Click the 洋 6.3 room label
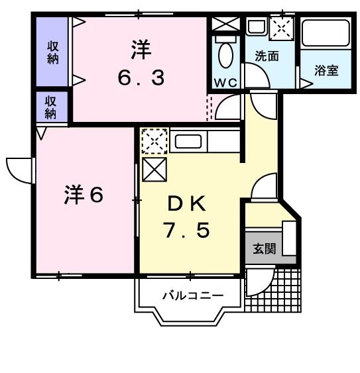(x=141, y=64)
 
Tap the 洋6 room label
(x=83, y=195)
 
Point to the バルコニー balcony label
(x=192, y=295)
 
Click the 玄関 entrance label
(x=263, y=249)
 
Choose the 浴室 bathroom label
(x=326, y=70)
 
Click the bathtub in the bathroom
(x=325, y=33)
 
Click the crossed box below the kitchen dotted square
(x=153, y=168)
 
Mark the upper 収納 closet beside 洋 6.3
(x=52, y=52)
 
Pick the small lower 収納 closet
(x=51, y=107)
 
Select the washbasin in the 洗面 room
(x=255, y=28)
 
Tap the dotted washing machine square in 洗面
(x=282, y=28)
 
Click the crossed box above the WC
(x=225, y=24)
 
